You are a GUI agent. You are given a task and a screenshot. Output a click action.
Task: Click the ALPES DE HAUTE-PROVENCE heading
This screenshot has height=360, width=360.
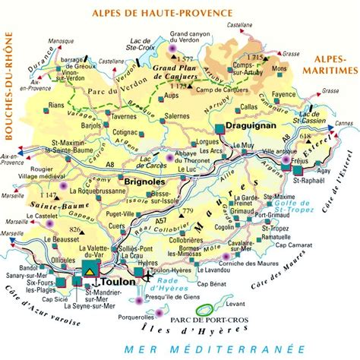[153, 13]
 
